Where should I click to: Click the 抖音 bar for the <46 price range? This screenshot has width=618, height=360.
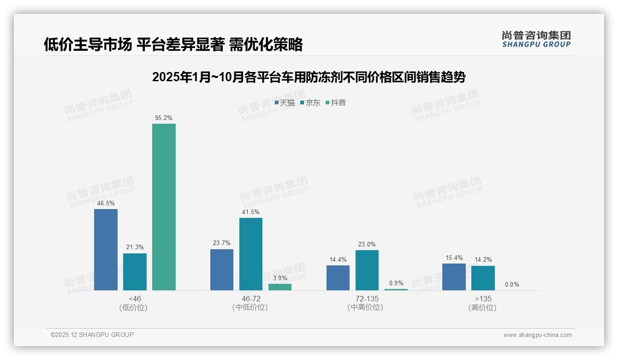click(x=164, y=207)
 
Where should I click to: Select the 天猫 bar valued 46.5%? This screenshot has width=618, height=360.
click(x=106, y=250)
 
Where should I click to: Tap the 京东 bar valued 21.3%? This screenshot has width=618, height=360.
click(x=135, y=272)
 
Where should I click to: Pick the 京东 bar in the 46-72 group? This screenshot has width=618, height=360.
click(x=251, y=254)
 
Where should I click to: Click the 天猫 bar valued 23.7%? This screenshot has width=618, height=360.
click(x=222, y=270)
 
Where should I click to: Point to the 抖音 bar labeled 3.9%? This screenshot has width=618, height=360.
click(x=280, y=287)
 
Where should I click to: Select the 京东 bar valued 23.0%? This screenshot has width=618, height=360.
click(x=367, y=270)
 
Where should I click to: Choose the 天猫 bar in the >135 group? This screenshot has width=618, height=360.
click(x=454, y=277)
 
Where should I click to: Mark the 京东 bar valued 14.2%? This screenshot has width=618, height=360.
click(x=483, y=278)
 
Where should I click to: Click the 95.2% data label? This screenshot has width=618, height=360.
click(x=164, y=118)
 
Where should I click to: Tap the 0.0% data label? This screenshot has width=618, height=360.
click(x=512, y=285)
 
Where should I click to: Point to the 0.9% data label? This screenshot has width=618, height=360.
click(x=396, y=283)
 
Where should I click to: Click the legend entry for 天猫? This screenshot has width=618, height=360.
click(x=285, y=103)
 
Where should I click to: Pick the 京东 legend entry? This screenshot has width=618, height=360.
click(x=310, y=103)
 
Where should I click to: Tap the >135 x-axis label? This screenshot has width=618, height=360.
click(x=483, y=299)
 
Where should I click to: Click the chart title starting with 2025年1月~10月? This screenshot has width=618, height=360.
click(x=309, y=77)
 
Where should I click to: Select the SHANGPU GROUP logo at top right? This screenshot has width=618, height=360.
click(x=536, y=39)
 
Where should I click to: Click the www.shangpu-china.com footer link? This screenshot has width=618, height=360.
click(x=537, y=335)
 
